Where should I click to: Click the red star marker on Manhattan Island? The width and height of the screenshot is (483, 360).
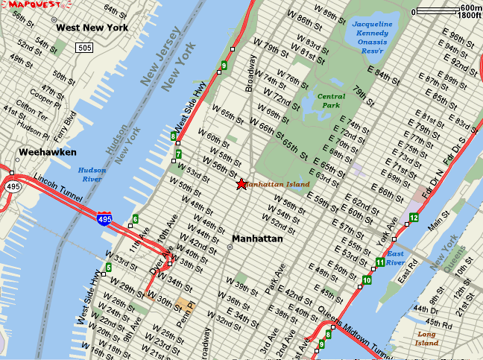(241, 184)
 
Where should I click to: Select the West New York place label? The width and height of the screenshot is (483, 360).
(92, 28)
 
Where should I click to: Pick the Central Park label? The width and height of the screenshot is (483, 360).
(332, 101)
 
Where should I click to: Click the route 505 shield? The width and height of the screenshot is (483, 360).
(83, 48)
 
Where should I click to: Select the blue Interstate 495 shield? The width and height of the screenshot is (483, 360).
(105, 218)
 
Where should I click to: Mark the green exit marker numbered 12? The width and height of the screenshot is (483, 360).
(414, 217)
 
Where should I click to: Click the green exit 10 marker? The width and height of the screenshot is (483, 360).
(366, 280)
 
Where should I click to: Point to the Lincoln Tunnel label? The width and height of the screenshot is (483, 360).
(57, 184)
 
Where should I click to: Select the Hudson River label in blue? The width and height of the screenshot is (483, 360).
(92, 174)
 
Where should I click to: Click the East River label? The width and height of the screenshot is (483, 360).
(396, 258)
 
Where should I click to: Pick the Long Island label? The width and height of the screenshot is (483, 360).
(427, 338)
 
